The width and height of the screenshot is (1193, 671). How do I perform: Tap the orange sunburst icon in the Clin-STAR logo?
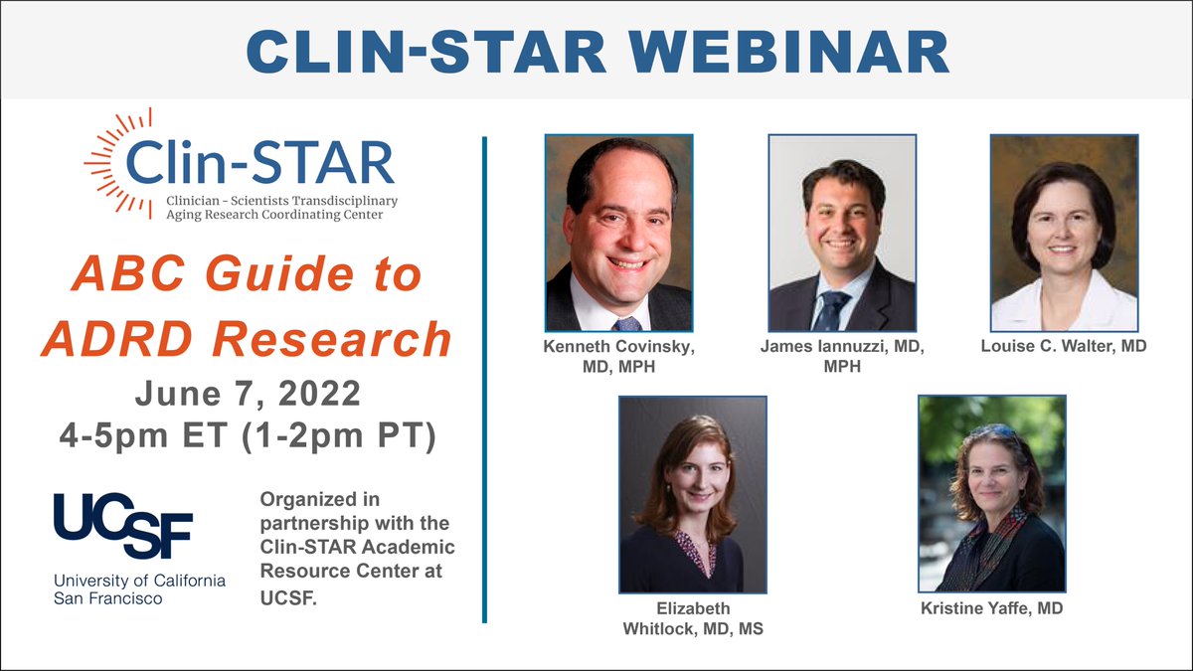[107, 159]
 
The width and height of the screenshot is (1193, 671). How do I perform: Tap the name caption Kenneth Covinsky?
[618, 347]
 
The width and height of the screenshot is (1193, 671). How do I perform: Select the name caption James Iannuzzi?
[842, 347]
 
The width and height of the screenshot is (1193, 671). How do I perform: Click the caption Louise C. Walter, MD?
[1064, 347]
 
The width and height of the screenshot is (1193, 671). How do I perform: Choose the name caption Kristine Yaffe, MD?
[991, 607]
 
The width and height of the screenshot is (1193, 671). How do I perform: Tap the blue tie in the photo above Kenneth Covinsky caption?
[626, 324]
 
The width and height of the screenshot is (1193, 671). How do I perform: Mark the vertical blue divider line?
[484, 378]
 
